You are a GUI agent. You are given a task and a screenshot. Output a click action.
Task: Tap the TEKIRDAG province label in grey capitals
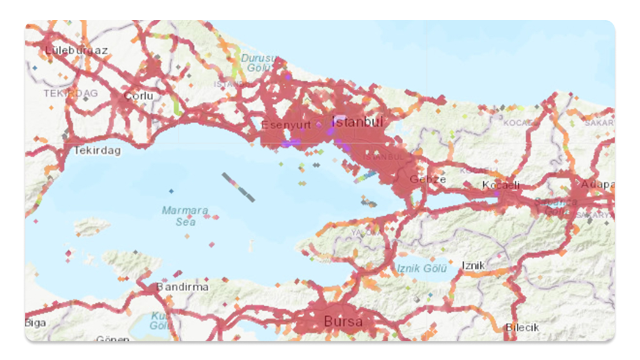tap(71, 92)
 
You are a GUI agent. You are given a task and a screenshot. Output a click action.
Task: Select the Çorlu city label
tap(138, 96)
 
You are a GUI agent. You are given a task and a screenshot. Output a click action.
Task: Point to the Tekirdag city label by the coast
tap(97, 151)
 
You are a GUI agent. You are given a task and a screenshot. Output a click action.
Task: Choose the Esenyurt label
tap(286, 124)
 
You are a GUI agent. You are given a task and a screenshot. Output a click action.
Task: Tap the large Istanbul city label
tap(358, 121)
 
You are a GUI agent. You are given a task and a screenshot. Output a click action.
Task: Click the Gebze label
tap(428, 179)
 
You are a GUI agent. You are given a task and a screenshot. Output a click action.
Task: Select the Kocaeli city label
tap(501, 185)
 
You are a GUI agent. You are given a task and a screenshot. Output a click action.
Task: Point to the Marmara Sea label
tap(184, 216)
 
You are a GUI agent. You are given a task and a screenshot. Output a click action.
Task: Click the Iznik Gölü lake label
tap(422, 269)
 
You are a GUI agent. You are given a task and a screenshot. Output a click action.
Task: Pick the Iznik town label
tap(473, 266)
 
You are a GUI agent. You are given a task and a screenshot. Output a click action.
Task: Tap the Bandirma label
tap(182, 286)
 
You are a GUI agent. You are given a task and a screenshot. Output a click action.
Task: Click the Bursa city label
tap(343, 322)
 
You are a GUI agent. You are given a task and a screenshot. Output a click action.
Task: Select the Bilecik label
tap(522, 327)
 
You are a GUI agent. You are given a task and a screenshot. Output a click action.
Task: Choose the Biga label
tap(35, 322)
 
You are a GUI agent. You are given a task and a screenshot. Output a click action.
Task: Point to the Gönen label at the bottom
tap(112, 339)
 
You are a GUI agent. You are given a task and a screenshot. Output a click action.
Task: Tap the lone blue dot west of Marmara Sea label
tap(171, 191)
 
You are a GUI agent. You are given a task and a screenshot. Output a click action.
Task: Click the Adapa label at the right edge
tap(597, 184)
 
